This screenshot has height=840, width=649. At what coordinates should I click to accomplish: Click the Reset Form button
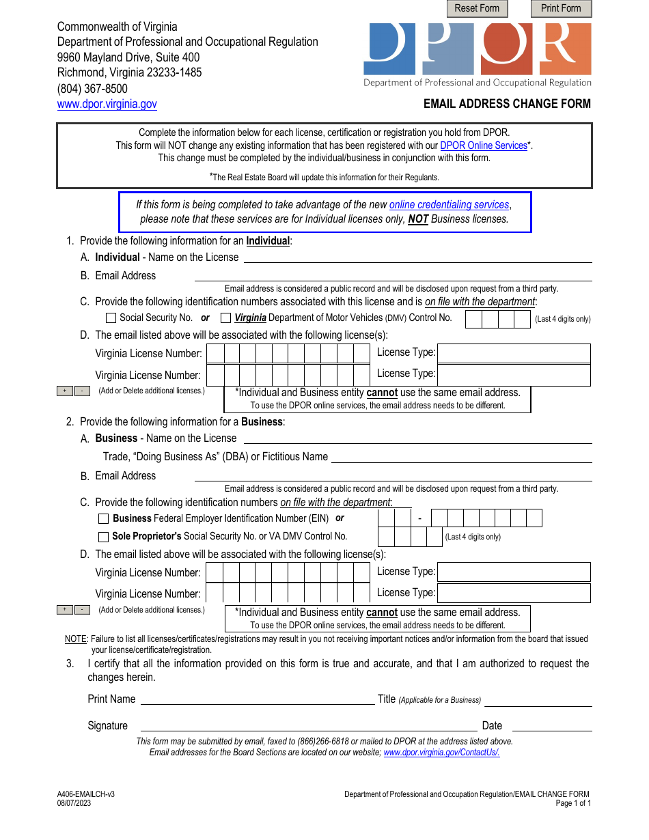pyautogui.click(x=477, y=8)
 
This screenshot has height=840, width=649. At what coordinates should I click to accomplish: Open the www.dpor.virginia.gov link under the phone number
pyautogui.click(x=107, y=104)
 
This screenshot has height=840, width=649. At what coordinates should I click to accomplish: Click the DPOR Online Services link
pyautogui.click(x=484, y=145)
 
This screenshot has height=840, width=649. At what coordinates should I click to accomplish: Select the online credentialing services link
pyautogui.click(x=449, y=205)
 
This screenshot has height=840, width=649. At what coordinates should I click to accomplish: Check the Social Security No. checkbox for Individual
pyautogui.click(x=111, y=318)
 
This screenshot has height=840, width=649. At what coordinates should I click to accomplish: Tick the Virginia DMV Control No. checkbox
pyautogui.click(x=226, y=318)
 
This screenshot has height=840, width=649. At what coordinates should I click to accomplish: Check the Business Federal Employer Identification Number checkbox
pyautogui.click(x=104, y=519)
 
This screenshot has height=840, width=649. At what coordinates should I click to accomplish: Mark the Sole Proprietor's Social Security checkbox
pyautogui.click(x=104, y=537)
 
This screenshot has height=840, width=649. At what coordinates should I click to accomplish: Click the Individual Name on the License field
pyautogui.click(x=417, y=257)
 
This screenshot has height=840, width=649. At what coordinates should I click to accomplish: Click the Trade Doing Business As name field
pyautogui.click(x=461, y=457)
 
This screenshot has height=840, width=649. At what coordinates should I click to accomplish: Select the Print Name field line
pyautogui.click(x=258, y=699)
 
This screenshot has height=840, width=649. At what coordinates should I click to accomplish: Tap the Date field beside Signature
pyautogui.click(x=551, y=726)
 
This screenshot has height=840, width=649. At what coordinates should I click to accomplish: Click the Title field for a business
pyautogui.click(x=538, y=700)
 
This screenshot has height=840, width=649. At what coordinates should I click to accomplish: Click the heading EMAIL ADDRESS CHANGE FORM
pyautogui.click(x=507, y=104)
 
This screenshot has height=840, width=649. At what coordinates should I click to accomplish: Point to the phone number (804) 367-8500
pyautogui.click(x=92, y=89)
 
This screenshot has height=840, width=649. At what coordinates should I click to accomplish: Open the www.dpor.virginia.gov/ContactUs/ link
pyautogui.click(x=441, y=753)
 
